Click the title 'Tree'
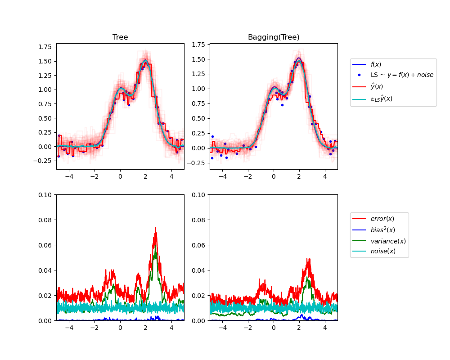120,37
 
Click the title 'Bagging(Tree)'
274,37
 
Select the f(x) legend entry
375,64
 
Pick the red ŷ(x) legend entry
377,86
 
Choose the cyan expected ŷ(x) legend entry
381,98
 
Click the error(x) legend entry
382,219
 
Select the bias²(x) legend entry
382,229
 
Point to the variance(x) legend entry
388,241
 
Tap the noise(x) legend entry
383,251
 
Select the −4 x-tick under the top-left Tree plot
69,177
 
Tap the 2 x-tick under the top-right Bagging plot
299,177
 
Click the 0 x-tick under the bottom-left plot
120,328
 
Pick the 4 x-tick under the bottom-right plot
325,328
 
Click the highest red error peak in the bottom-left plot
156,227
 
